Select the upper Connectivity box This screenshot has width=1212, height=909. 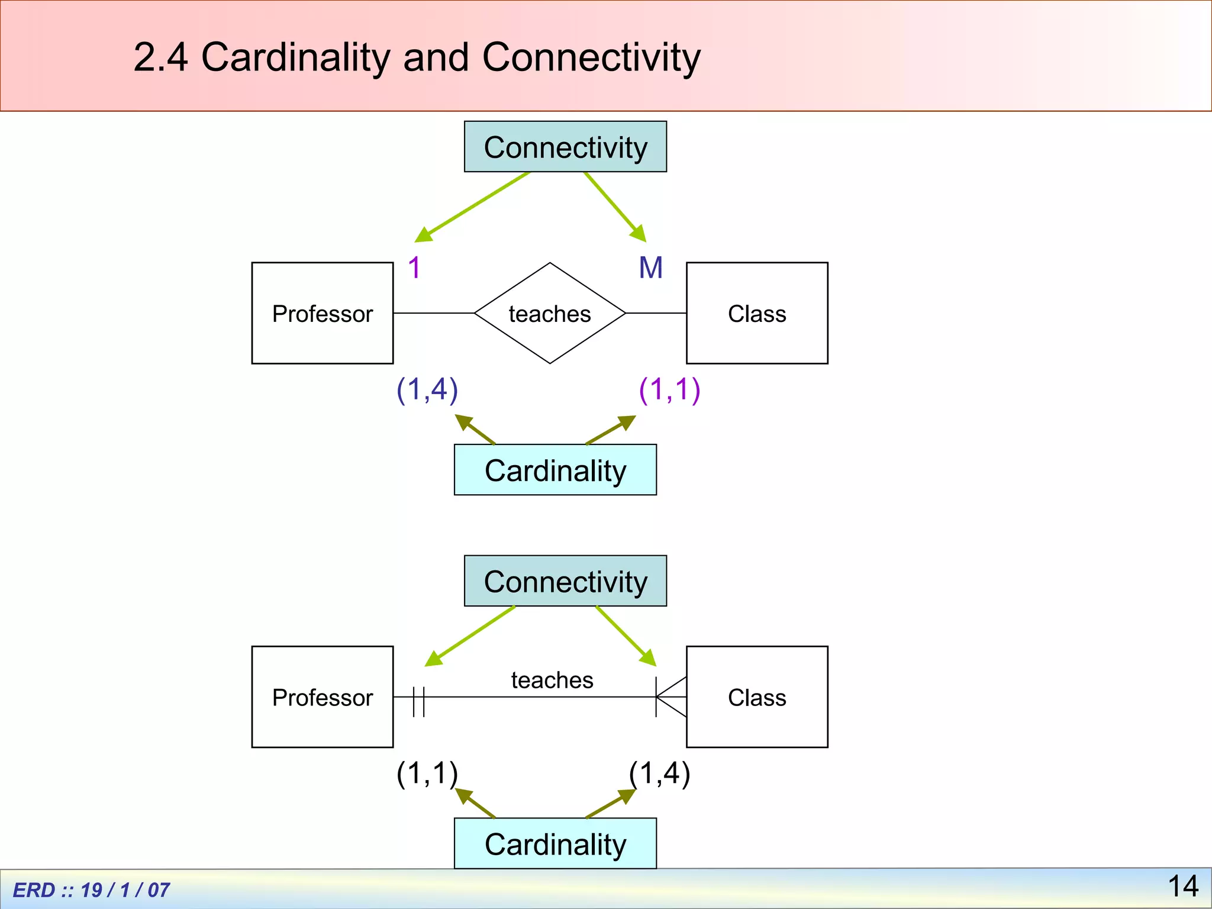(565, 147)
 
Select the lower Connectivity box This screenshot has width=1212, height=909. (565, 581)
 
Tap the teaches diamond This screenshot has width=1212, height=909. (550, 313)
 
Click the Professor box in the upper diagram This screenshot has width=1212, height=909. (323, 313)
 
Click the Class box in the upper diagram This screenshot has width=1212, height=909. (757, 313)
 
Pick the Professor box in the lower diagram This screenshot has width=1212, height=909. (323, 697)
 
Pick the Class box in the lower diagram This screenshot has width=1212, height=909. (757, 697)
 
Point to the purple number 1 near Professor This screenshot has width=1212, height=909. (414, 268)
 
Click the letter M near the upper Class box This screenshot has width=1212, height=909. (650, 268)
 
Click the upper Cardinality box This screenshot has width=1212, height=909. (555, 470)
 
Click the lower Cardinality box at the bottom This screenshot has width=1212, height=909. (555, 843)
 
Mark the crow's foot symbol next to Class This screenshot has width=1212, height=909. (671, 697)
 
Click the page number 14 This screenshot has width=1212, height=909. (1182, 886)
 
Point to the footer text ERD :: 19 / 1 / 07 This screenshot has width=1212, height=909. (91, 890)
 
